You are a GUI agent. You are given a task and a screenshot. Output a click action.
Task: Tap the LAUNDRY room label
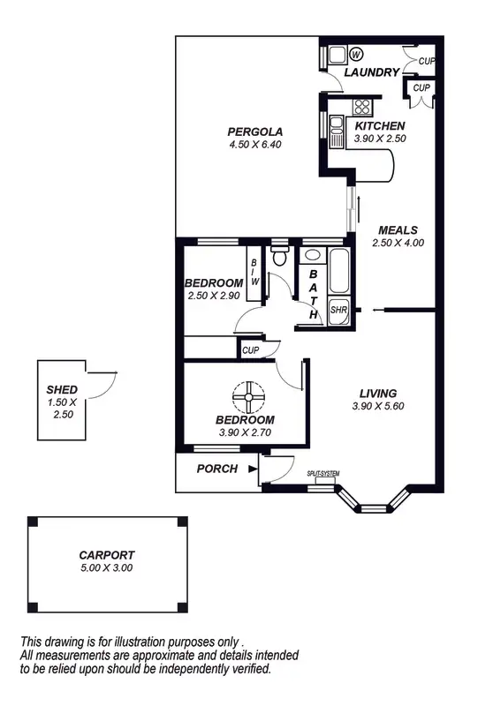(x=372, y=72)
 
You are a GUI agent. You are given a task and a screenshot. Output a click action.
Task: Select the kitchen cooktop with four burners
(x=361, y=107)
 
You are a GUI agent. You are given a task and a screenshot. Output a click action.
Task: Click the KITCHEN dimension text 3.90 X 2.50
(x=380, y=139)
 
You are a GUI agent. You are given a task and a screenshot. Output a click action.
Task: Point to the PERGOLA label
(x=248, y=132)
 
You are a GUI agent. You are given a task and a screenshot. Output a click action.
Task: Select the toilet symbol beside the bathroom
(x=280, y=258)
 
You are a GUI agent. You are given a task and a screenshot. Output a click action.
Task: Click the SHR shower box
(x=338, y=311)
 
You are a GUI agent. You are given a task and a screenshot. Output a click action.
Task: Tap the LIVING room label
(x=377, y=394)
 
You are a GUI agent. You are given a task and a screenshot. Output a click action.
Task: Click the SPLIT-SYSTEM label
(x=323, y=474)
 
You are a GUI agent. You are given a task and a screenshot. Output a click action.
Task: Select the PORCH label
(x=216, y=469)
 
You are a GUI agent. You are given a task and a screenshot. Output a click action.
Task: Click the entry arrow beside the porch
(x=253, y=469)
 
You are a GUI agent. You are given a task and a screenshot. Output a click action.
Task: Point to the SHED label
(x=62, y=390)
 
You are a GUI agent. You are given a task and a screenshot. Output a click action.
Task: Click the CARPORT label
(x=106, y=555)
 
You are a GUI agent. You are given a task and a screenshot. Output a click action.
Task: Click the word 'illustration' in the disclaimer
(x=149, y=642)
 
